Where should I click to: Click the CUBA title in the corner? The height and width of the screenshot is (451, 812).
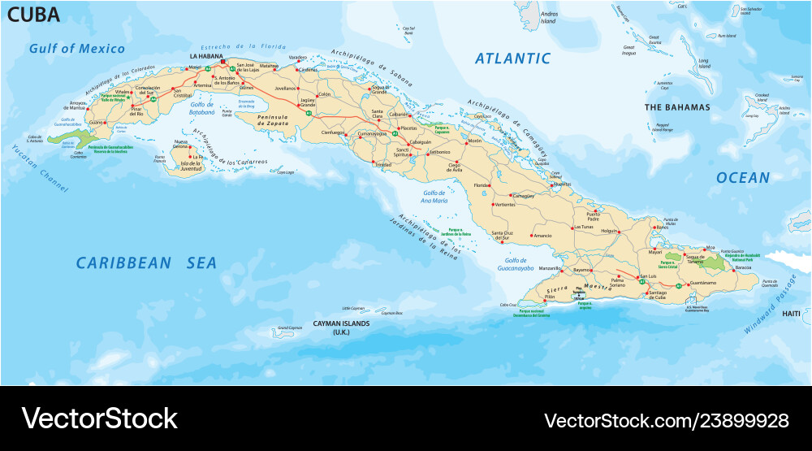coord(33,15)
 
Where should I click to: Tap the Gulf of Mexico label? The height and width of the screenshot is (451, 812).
coord(77,49)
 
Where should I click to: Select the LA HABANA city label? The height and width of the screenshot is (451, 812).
coord(206,56)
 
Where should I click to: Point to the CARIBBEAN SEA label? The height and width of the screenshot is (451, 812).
coord(147,262)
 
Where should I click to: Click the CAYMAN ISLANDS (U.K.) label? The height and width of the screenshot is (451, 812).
coord(341,327)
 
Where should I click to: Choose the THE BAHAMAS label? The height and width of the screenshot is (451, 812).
coord(676,107)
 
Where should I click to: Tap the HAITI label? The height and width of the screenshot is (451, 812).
coord(790,314)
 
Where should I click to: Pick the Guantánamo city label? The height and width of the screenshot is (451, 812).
coord(702,283)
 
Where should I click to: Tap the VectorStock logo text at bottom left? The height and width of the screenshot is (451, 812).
coord(99,418)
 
